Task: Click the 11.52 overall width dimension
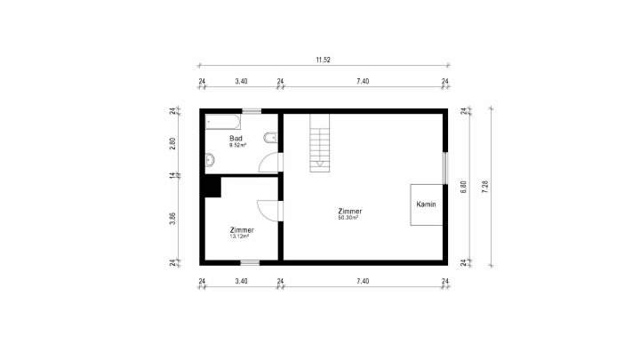coord(323,60)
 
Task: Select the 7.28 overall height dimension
coord(485,187)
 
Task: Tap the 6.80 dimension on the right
coord(463,187)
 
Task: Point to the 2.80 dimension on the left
coord(172,143)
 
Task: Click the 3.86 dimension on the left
coord(172,219)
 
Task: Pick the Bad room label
coord(236,139)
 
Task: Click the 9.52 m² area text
coord(237,145)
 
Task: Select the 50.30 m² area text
coord(348,218)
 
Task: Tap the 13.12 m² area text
coord(240,236)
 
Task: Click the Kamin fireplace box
coord(427,204)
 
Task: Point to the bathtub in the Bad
coord(222,122)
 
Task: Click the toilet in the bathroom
coord(270,138)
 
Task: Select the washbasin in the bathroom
coord(210,160)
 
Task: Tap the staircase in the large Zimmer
coord(320,143)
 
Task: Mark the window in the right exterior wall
coord(445,168)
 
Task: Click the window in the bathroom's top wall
coord(252,111)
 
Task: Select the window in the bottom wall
coord(250,263)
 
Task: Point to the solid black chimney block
coord(212,187)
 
